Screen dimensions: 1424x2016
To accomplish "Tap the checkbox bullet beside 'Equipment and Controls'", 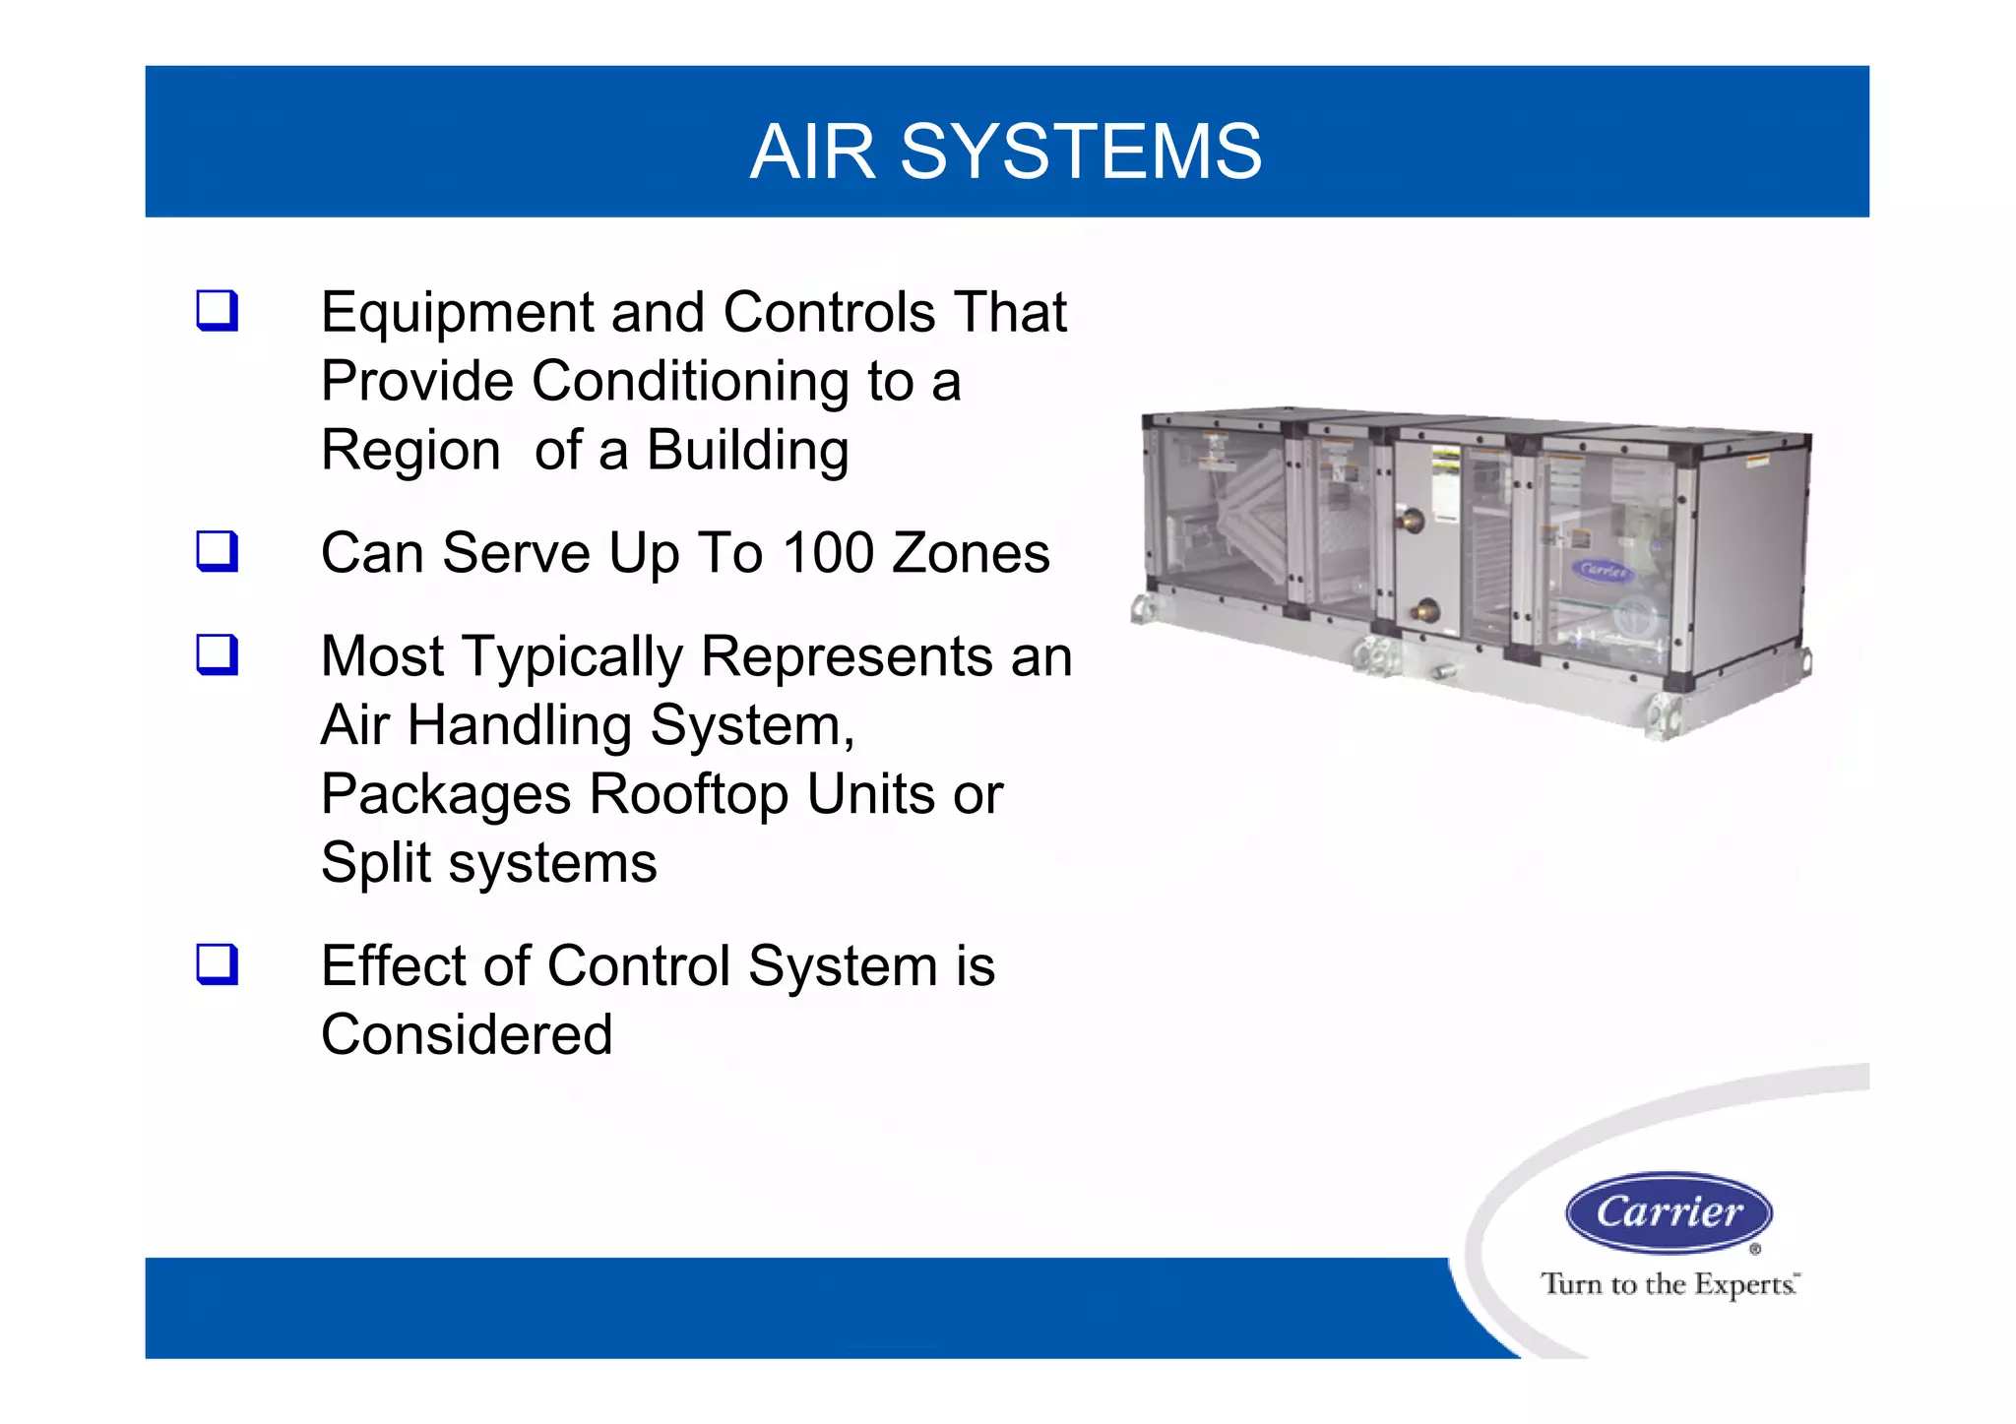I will point(217,311).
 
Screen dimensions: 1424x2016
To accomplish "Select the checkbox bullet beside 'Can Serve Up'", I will point(217,551).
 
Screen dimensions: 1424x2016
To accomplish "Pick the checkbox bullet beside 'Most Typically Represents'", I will point(217,654).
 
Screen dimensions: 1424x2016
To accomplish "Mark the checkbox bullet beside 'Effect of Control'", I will point(217,964).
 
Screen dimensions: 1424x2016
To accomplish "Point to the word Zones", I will point(970,552).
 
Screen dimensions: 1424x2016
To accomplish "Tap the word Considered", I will point(467,1034).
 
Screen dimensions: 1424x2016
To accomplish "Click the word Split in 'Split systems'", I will point(376,863).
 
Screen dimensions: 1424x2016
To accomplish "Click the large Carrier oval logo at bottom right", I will point(1669,1212).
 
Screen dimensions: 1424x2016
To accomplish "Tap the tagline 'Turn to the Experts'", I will point(1669,1284).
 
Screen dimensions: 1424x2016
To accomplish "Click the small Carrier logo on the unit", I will point(1603,570).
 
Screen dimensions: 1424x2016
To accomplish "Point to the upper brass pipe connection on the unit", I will point(1412,520).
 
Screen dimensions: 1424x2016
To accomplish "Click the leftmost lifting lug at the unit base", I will point(1145,608).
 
